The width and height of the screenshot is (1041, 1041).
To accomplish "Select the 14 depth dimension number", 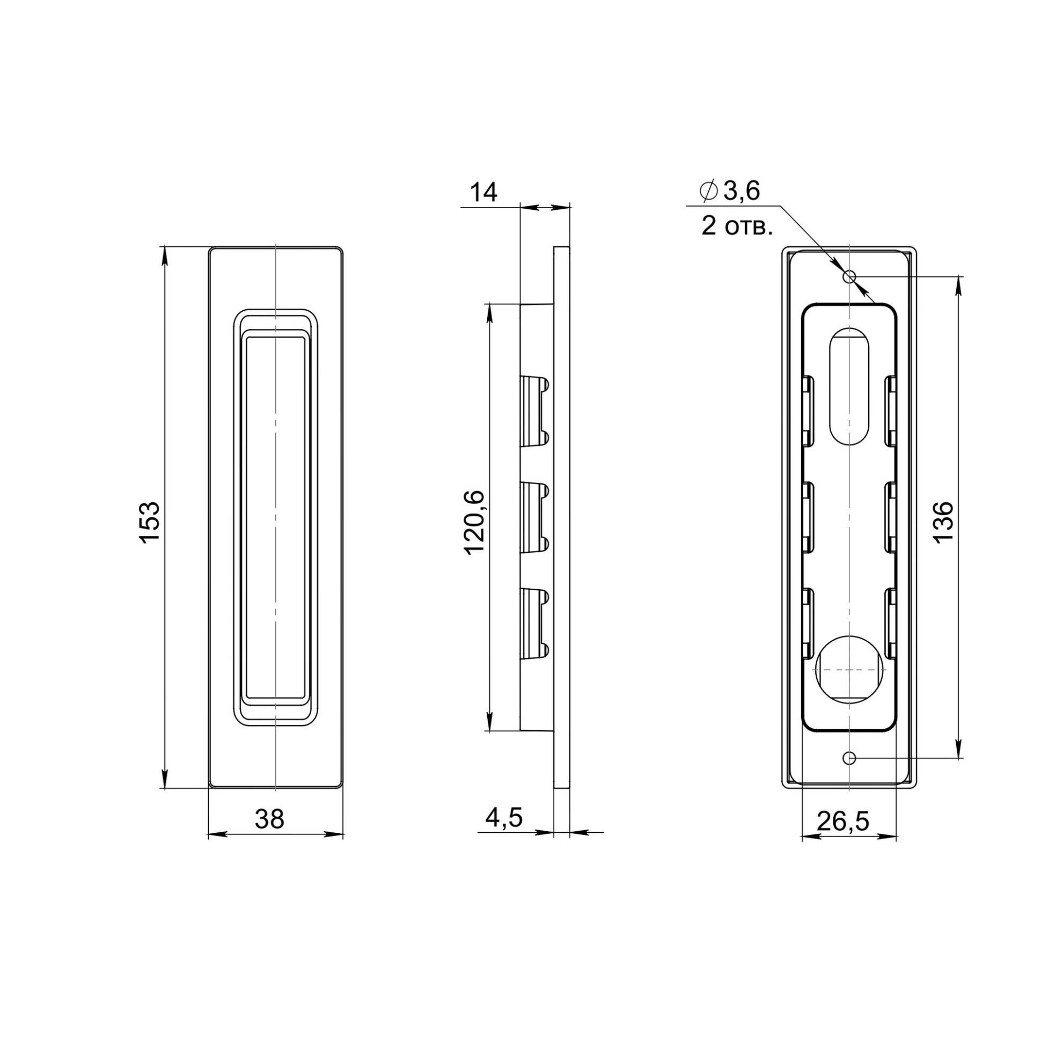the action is coord(483,192).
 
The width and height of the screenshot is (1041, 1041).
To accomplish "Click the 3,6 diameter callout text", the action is coord(741,191).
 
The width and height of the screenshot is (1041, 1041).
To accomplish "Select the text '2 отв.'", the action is coord(737,228).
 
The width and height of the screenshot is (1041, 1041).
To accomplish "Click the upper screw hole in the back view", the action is coord(850,277).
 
